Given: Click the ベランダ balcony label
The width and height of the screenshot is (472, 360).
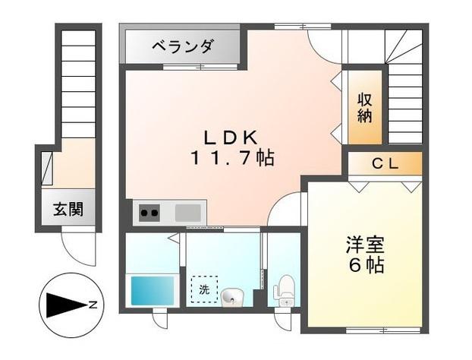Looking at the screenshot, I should (182, 46).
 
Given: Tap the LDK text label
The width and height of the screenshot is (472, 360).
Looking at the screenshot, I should (231, 137).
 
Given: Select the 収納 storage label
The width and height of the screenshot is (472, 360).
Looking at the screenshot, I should (366, 107).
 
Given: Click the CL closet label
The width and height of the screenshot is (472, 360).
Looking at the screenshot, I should (385, 163).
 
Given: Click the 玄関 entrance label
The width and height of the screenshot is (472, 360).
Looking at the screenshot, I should (68, 208).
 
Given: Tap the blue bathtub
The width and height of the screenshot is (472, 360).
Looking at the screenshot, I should (153, 289).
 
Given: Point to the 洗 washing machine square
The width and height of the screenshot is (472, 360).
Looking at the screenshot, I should (203, 289).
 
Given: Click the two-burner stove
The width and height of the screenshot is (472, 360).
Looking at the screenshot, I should (149, 213).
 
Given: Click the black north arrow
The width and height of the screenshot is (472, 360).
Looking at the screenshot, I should (65, 305).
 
